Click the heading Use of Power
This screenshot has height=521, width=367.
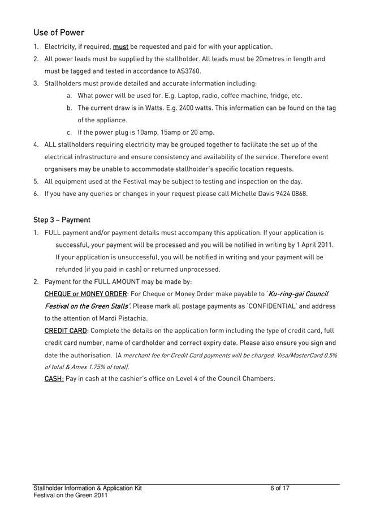click(x=59, y=32)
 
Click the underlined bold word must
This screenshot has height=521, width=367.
click(x=120, y=46)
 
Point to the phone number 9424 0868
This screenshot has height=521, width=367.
click(x=292, y=194)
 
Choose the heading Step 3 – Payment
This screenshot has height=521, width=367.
click(x=62, y=220)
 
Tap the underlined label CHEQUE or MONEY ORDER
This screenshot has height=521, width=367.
click(x=86, y=294)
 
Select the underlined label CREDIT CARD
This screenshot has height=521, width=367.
click(x=66, y=331)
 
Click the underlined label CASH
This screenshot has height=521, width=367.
click(x=54, y=378)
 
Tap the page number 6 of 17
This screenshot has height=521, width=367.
click(x=280, y=488)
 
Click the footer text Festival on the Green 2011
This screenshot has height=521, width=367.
click(x=70, y=496)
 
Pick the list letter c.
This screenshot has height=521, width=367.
click(x=68, y=133)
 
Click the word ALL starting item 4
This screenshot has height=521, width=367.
click(x=50, y=144)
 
